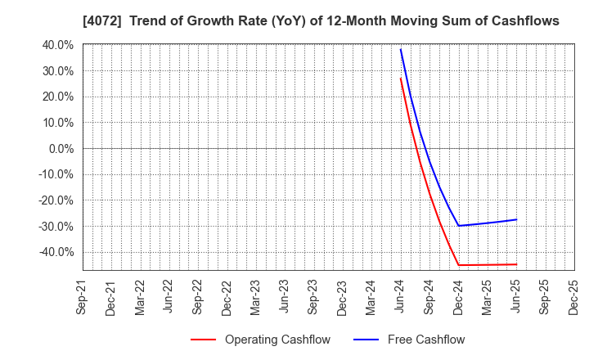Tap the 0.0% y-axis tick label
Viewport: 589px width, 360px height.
pos(59,148)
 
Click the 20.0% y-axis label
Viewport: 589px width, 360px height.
pos(56,97)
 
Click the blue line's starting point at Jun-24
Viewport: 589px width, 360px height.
pos(400,49)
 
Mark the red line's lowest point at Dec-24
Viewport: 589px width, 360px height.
pos(458,265)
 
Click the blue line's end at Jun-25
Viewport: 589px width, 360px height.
pos(516,219)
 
